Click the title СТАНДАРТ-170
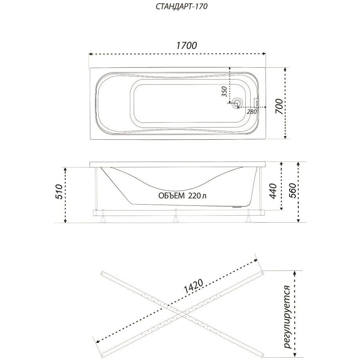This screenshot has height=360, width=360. (182, 6)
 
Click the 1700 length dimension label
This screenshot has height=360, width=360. (186, 45)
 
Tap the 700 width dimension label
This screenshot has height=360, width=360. (279, 106)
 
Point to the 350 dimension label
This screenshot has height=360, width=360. (224, 92)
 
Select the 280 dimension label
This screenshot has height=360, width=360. (252, 112)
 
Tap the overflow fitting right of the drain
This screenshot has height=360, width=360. (256, 103)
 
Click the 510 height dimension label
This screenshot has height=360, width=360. (59, 191)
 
